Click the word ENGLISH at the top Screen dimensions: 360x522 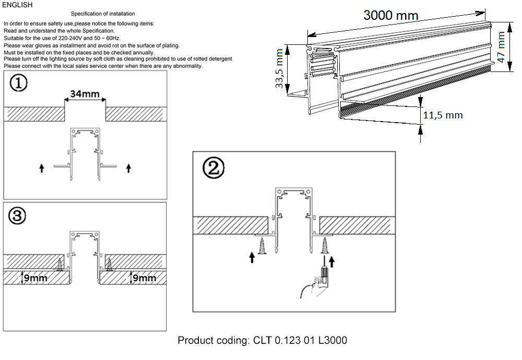pyautogui.click(x=18, y=5)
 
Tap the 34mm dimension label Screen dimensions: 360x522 pyautogui.click(x=85, y=94)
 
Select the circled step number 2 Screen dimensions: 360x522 pyautogui.click(x=213, y=167)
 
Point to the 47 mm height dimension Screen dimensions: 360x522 pyautogui.click(x=502, y=47)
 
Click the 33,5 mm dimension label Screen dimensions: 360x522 pyautogui.click(x=279, y=68)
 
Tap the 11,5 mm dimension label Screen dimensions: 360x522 pyautogui.click(x=442, y=115)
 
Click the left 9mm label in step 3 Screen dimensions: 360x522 pyautogui.click(x=36, y=278)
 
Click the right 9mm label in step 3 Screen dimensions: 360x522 pyautogui.click(x=144, y=278)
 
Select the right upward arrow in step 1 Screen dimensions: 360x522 pyautogui.click(x=129, y=168)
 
